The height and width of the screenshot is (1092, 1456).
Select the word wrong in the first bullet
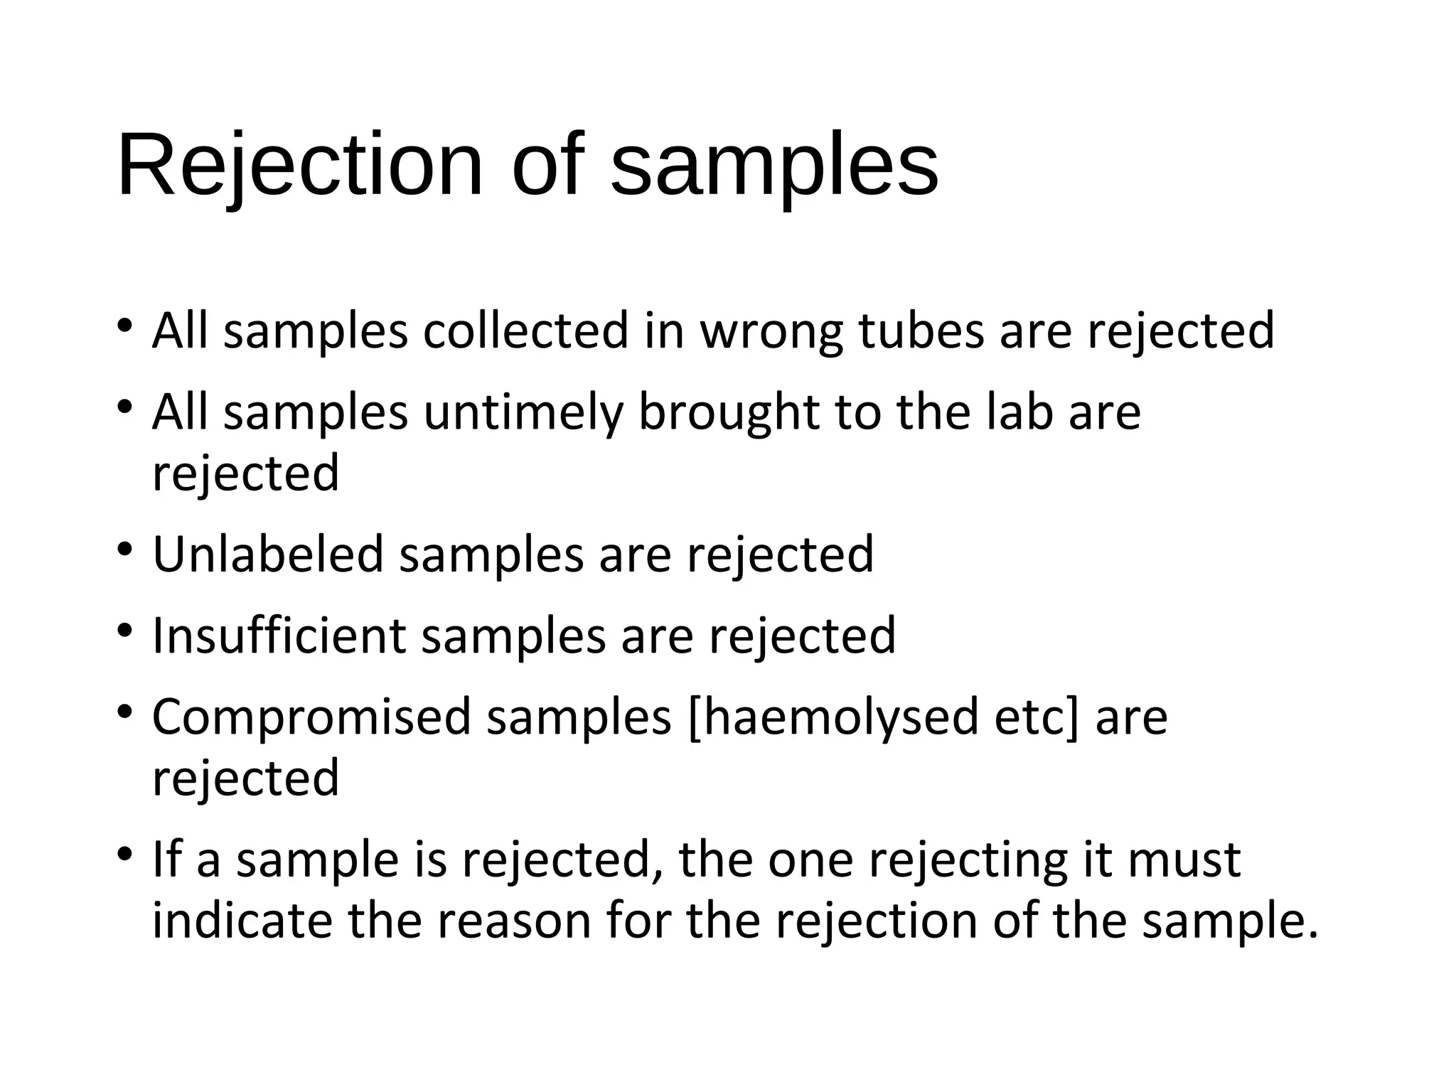click(x=771, y=333)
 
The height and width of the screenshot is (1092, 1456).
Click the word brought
click(x=729, y=413)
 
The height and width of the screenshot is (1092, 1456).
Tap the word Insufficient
click(x=279, y=636)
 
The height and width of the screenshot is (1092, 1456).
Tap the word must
click(x=1184, y=860)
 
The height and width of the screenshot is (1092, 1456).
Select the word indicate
click(x=242, y=921)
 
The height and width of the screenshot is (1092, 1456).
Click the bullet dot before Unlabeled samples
click(x=125, y=550)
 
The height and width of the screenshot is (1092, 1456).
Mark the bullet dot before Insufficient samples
click(x=125, y=631)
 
